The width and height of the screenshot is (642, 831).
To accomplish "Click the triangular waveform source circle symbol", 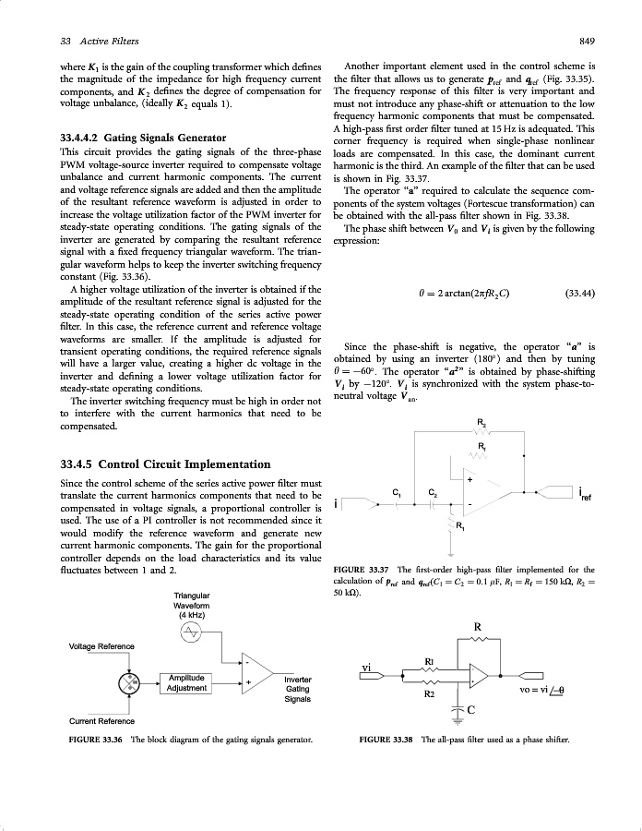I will point(191,632).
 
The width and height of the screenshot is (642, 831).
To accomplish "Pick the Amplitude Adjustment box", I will point(187,683).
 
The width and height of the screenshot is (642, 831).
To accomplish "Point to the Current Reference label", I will point(101,721).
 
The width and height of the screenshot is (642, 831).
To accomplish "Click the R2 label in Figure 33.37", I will point(481,423).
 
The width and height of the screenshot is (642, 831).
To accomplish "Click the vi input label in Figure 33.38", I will point(367,666).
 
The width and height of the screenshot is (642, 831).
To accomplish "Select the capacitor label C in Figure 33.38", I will point(471,709).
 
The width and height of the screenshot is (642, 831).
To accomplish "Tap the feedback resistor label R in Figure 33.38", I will point(477,626).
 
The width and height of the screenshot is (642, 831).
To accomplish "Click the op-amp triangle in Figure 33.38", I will point(482,675).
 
